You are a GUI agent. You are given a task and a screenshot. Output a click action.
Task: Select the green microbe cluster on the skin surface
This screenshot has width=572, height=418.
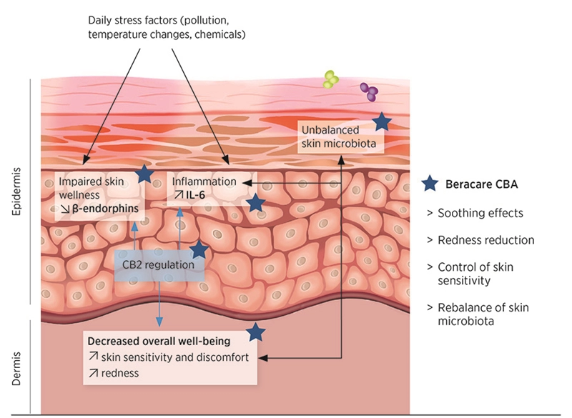click(330, 79)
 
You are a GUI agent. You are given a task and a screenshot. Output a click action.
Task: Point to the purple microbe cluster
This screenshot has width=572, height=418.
click(370, 90)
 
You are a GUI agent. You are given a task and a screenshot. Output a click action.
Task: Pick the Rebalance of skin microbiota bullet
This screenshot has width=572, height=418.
click(480, 314)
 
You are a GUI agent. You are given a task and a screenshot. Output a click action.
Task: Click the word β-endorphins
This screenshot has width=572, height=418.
click(109, 209)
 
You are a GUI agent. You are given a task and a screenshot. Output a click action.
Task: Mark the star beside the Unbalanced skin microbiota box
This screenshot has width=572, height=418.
click(382, 121)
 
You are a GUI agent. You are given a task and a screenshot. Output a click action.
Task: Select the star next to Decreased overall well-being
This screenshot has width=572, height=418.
click(256, 332)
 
